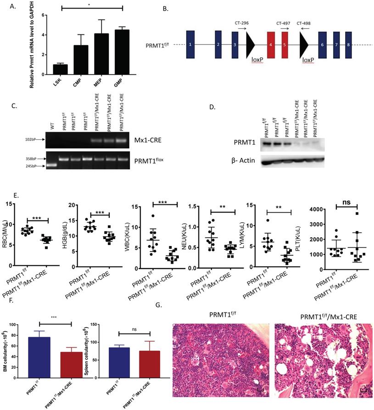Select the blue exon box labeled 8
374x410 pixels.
(348, 45)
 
